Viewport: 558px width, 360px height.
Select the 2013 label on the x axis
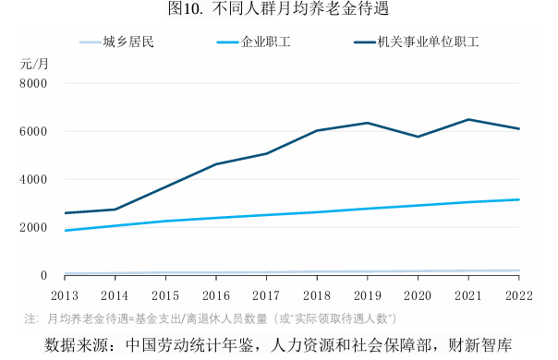point(64,295)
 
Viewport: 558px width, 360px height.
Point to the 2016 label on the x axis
point(215,295)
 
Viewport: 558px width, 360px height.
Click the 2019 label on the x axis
point(367,295)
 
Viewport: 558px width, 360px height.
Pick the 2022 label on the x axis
point(518,295)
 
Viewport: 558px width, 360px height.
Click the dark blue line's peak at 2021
point(468,119)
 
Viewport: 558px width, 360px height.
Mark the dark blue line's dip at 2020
point(418,137)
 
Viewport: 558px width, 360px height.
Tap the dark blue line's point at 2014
point(115,210)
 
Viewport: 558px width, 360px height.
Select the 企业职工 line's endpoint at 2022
point(518,199)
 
